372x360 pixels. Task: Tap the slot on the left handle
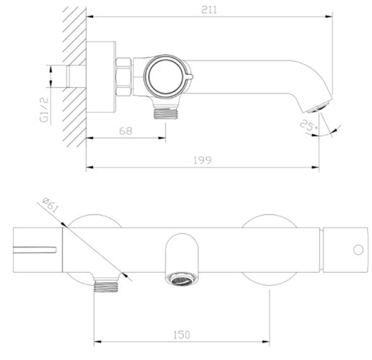35,251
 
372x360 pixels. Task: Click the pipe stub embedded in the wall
72,76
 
